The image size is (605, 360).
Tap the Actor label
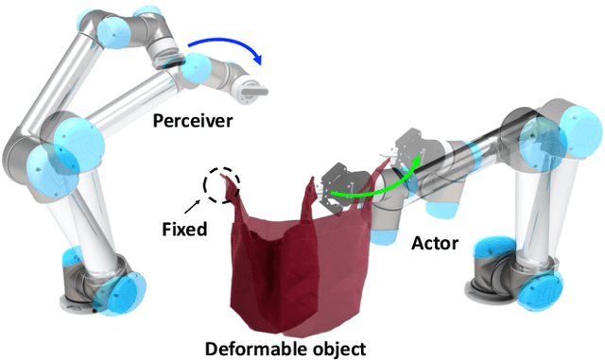click(x=435, y=244)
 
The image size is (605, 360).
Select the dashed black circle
click(x=225, y=184)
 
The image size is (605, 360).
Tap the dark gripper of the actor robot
click(x=340, y=185)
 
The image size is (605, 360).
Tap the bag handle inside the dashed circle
click(x=228, y=194)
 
